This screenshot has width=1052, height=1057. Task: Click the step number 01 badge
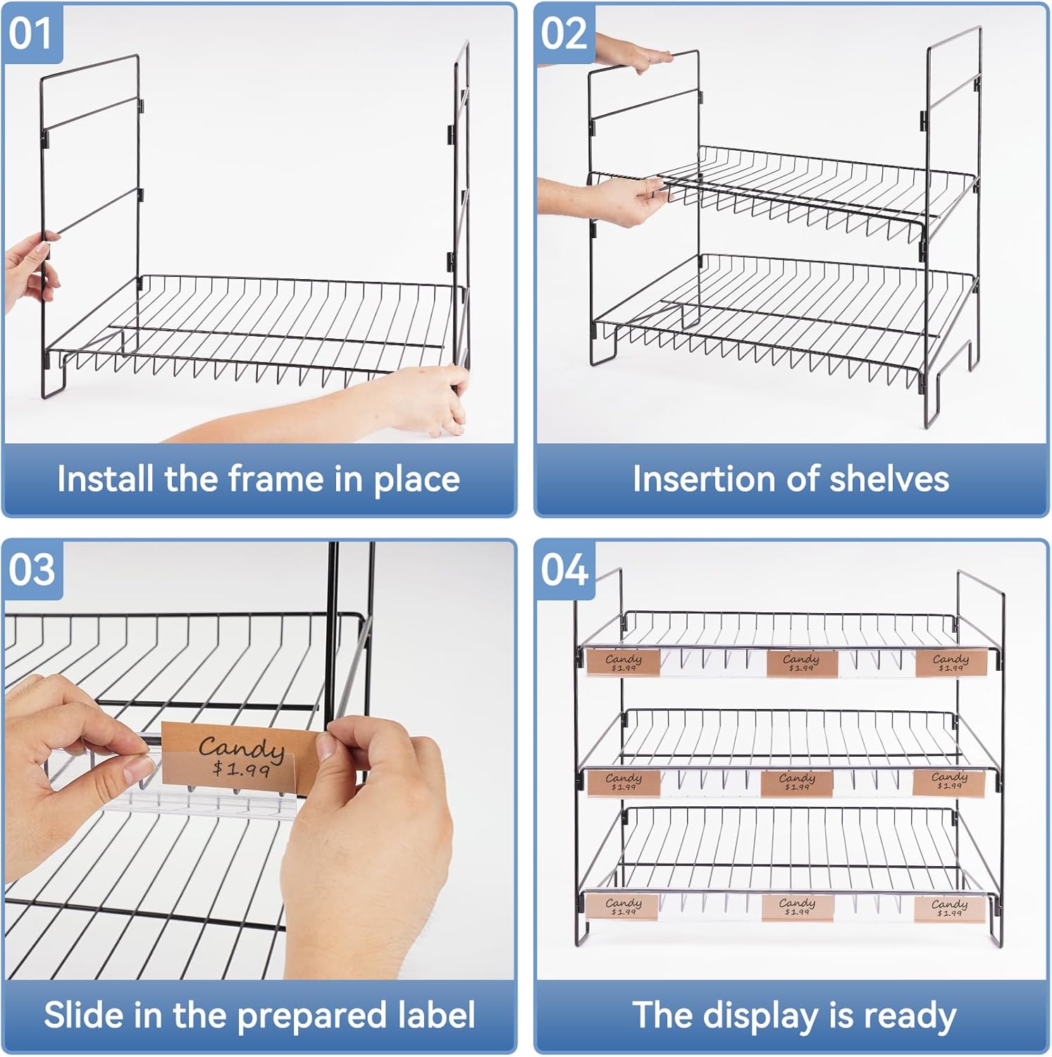point(31,33)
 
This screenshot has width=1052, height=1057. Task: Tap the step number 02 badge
point(564,33)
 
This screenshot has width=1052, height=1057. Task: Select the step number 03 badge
point(32,569)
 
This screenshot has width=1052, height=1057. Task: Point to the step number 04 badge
point(564,569)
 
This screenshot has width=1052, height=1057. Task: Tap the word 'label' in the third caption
point(436,1015)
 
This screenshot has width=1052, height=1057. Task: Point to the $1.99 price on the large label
point(242,767)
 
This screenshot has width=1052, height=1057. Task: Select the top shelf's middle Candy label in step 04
point(801,662)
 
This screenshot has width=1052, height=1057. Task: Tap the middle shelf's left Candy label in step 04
point(623,781)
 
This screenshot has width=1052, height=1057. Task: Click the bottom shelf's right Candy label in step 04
point(949,907)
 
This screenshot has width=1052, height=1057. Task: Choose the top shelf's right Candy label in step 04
point(951,662)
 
